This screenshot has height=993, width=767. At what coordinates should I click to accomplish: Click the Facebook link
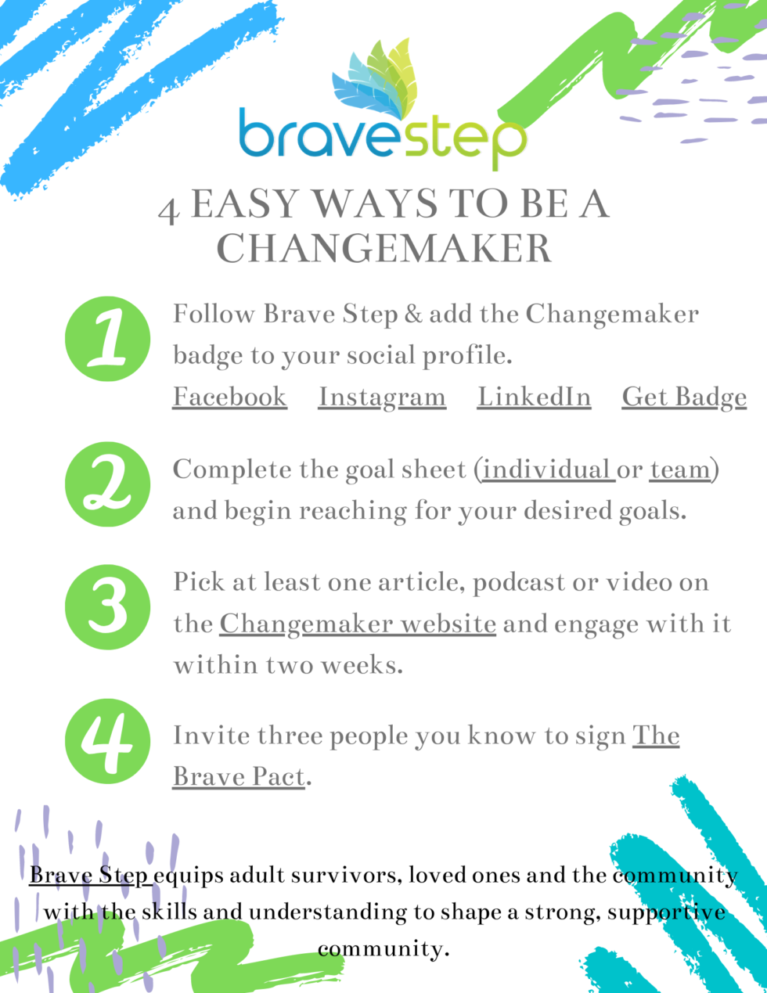tap(229, 397)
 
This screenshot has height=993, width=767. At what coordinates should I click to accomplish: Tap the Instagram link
tap(382, 397)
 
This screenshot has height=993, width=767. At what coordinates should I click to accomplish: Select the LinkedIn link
tap(534, 397)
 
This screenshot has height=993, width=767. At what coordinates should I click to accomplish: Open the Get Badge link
tap(684, 397)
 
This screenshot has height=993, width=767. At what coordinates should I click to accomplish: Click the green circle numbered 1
tap(107, 339)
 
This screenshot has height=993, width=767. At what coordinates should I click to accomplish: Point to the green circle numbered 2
tap(107, 484)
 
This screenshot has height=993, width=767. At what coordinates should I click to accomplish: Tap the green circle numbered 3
tap(107, 606)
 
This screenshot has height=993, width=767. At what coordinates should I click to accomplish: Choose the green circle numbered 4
tap(107, 740)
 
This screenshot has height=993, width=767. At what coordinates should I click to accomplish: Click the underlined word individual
tap(547, 470)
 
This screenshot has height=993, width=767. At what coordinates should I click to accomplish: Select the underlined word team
tap(679, 470)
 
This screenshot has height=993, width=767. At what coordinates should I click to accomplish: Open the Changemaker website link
tap(358, 624)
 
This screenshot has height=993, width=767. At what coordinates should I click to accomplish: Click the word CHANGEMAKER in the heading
tap(383, 249)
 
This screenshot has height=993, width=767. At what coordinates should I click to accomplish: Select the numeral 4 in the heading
tap(168, 210)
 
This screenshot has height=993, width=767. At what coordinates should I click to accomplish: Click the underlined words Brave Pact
tap(239, 777)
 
